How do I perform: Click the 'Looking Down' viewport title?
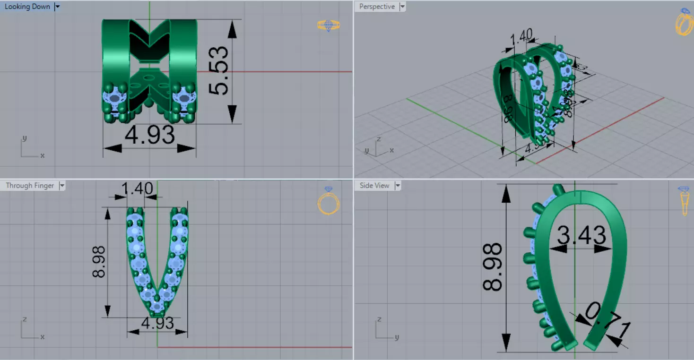[x=27, y=7]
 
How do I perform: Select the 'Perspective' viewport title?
[x=377, y=7]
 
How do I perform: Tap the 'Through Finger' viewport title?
[x=30, y=186]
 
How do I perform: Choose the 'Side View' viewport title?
[x=374, y=186]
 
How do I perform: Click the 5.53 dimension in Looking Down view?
[x=218, y=71]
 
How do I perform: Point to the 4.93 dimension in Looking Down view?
[x=150, y=136]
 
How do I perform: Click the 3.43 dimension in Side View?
[x=581, y=235]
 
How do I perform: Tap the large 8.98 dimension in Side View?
[x=493, y=267]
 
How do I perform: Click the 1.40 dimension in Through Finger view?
[x=137, y=189]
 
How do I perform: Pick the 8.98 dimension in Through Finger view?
[x=100, y=261]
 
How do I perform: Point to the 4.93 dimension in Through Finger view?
[x=157, y=323]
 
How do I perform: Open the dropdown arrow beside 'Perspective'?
[x=402, y=7]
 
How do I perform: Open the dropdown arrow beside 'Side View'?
[x=397, y=186]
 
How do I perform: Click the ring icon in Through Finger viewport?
[x=329, y=200]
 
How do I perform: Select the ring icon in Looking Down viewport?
[x=329, y=25]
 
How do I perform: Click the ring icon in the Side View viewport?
[x=684, y=200]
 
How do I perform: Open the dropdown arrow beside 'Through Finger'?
[x=61, y=186]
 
